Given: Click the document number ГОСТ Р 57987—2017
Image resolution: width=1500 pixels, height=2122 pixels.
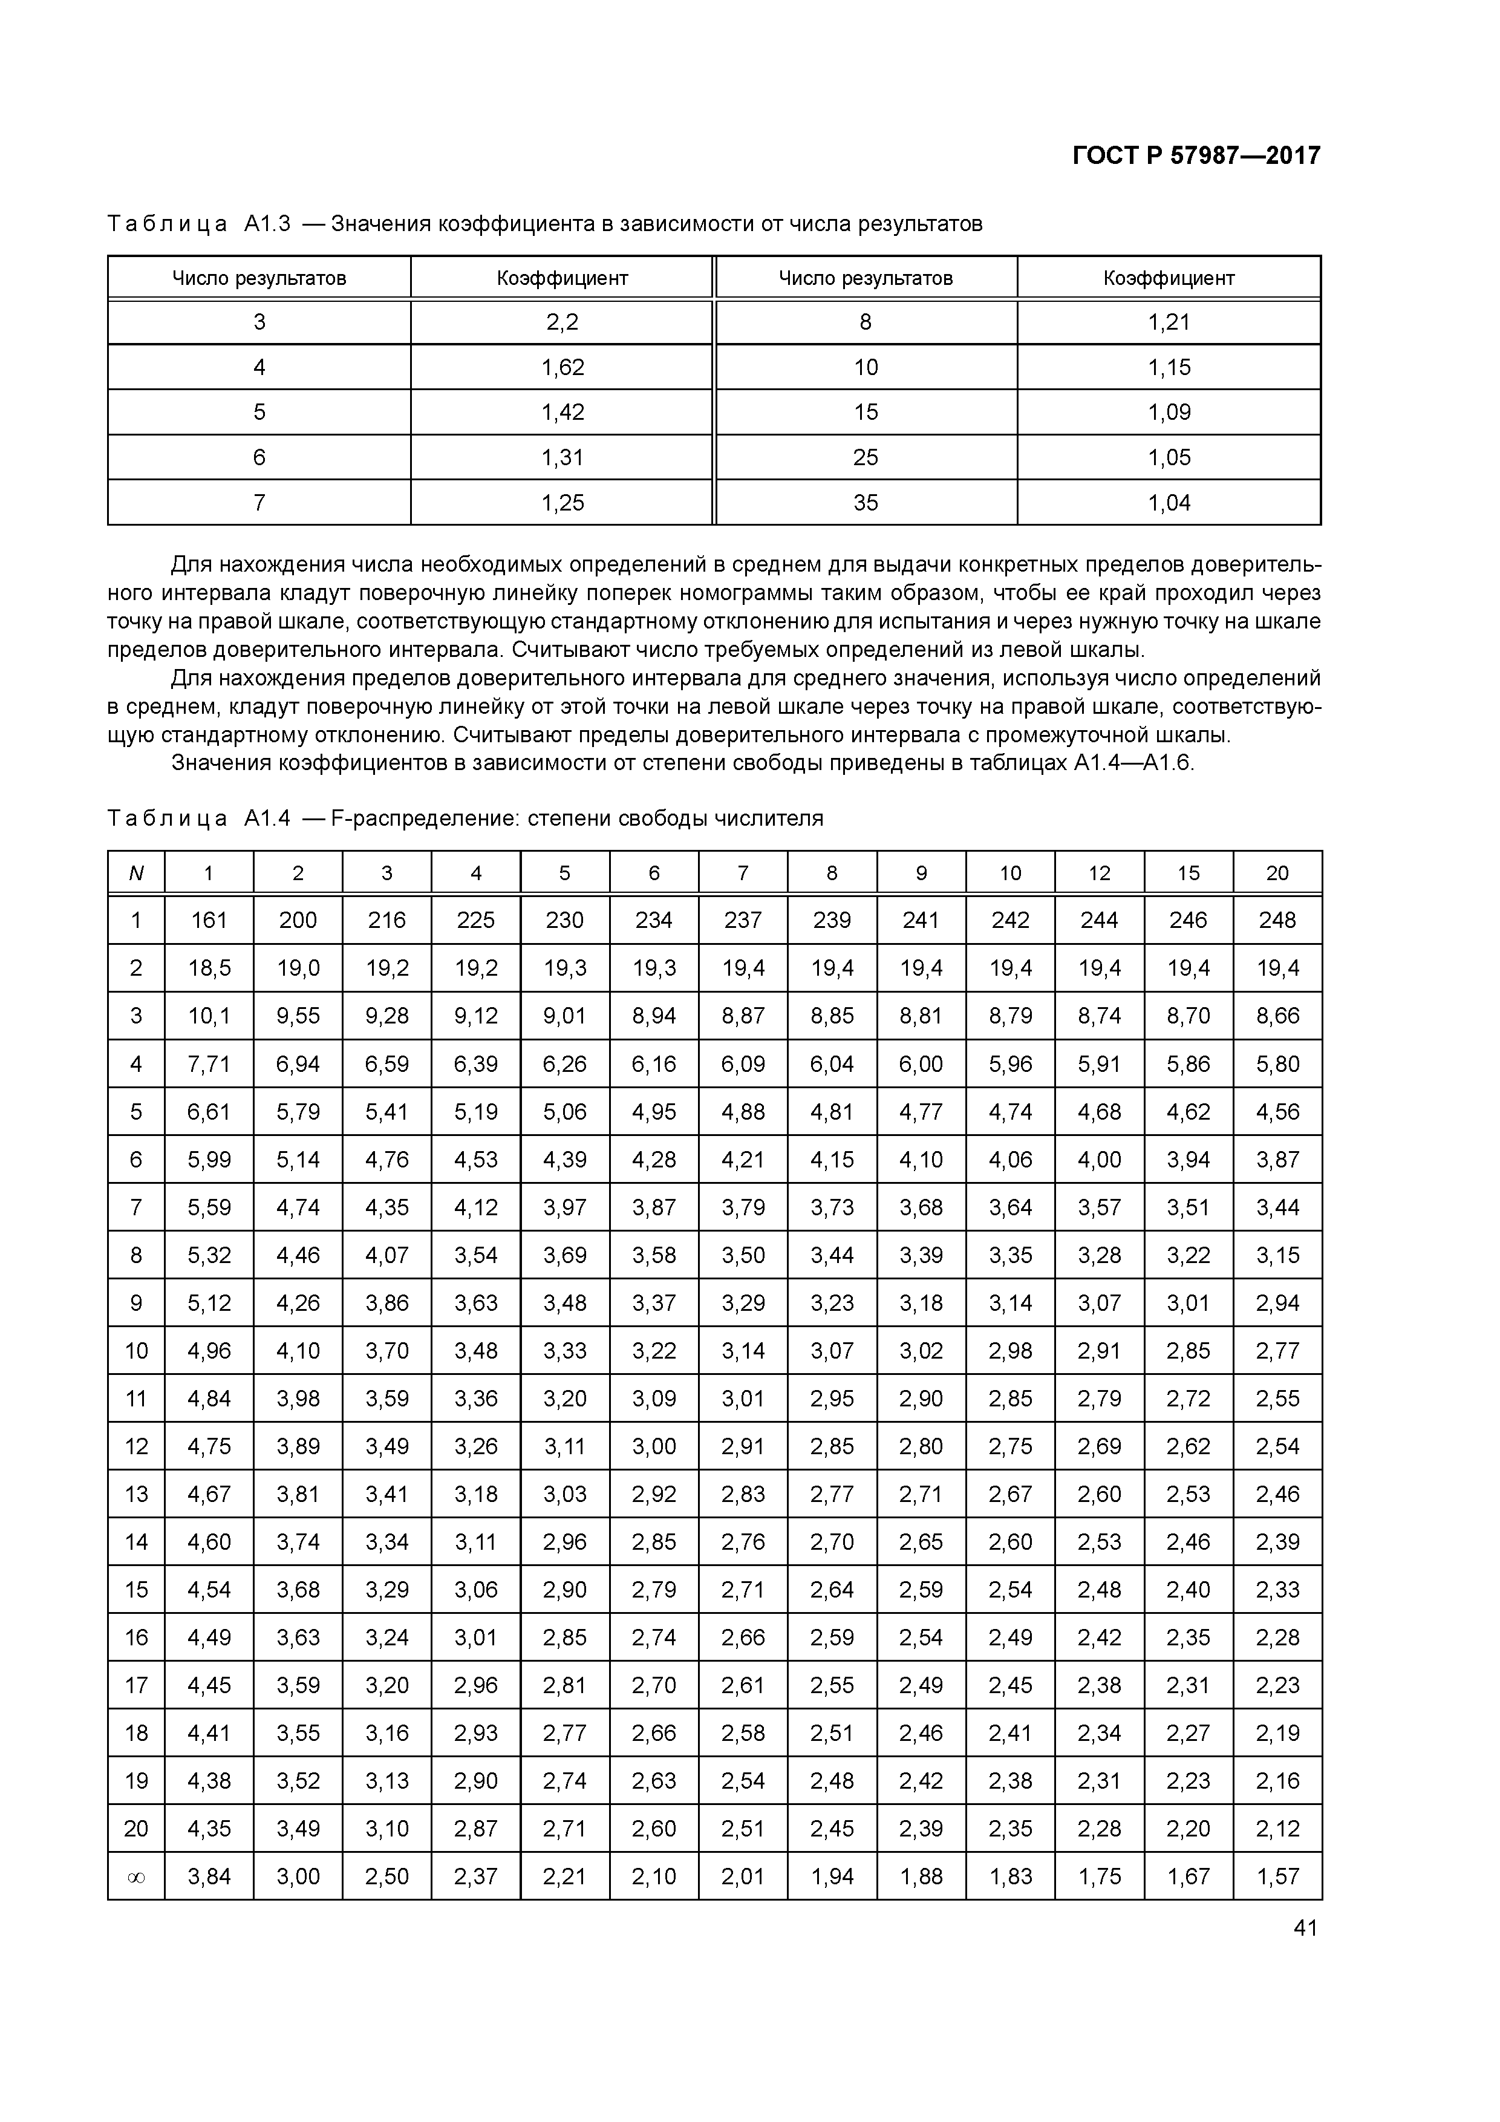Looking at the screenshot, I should [1196, 155].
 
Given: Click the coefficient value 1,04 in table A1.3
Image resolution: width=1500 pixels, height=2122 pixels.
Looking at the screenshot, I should [1169, 503].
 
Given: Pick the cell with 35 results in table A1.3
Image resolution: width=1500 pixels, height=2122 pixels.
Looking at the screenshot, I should [866, 503].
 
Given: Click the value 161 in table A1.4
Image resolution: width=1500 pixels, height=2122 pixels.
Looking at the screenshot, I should [209, 919].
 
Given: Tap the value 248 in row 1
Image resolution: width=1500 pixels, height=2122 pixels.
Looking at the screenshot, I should [1277, 919].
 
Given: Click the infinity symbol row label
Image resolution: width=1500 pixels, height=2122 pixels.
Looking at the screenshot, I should [136, 1876].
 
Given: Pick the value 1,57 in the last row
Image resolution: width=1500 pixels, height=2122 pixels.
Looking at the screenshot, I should [1277, 1876].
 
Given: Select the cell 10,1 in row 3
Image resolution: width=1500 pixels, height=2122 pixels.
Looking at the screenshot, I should [209, 1016].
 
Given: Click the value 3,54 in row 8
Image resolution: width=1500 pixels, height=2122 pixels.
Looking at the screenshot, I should [476, 1255].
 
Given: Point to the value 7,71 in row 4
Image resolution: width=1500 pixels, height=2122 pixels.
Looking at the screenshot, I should [209, 1064].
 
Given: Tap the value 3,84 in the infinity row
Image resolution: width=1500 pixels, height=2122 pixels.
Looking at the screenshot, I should [209, 1876].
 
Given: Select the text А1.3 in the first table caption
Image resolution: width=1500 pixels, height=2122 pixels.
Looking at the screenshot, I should [267, 224].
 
